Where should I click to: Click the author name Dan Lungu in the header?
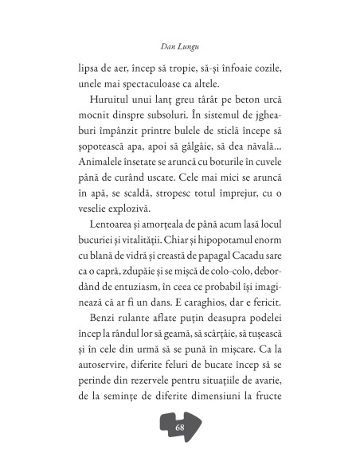tap(179, 36)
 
